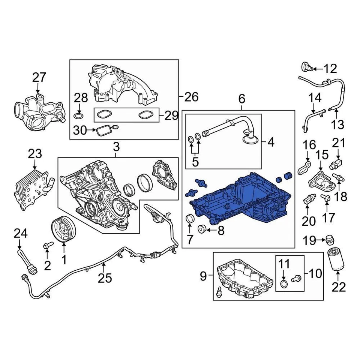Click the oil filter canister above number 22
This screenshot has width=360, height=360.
337,259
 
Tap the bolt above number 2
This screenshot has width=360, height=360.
47,246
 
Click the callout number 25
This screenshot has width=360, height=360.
105,278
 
